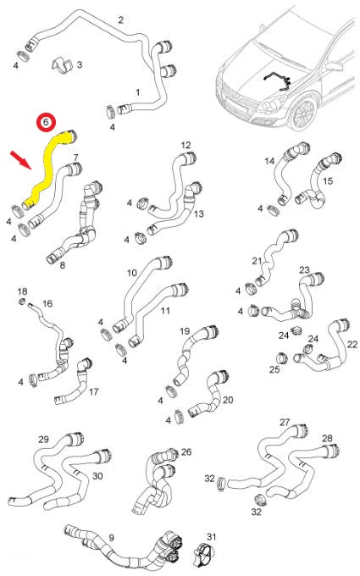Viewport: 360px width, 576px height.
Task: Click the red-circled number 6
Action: pos(46,122)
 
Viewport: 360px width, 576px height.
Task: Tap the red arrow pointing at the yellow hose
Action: pos(21,160)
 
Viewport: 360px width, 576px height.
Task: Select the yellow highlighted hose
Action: pos(50,168)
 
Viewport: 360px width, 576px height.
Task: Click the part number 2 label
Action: pos(121,19)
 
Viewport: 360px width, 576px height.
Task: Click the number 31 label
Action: pos(212,537)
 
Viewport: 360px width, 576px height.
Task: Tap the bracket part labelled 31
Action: pos(202,555)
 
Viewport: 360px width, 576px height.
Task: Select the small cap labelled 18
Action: pos(22,302)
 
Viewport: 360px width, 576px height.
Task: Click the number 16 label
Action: pos(47,303)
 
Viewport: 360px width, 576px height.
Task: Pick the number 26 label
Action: pos(186,451)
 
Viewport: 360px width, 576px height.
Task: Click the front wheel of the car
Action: pos(304,114)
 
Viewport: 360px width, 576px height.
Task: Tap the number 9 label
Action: pos(111,537)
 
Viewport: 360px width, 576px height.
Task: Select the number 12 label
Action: pos(186,145)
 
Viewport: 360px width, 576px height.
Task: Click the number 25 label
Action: pos(274,369)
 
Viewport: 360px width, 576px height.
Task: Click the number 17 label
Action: pos(94,392)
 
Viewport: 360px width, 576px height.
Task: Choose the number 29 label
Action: pos(43,439)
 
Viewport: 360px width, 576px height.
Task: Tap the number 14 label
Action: pos(269,161)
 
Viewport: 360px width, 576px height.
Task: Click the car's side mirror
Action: pos(334,66)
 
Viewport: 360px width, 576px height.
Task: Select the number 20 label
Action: pos(228,399)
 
